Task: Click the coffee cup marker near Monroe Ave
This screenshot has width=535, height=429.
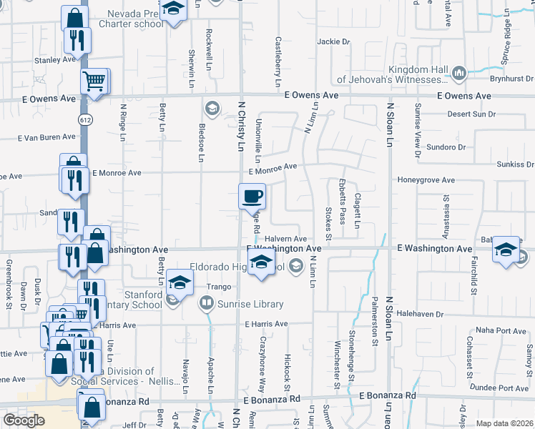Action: (x=252, y=195)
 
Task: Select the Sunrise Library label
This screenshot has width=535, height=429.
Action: (x=250, y=304)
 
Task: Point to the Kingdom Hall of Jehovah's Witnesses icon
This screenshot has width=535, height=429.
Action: (x=459, y=72)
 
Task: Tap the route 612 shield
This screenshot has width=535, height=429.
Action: (x=86, y=118)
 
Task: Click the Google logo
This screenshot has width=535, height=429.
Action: (x=24, y=420)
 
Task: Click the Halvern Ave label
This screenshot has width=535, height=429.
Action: (x=285, y=239)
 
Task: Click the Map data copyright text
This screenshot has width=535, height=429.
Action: (x=504, y=423)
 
